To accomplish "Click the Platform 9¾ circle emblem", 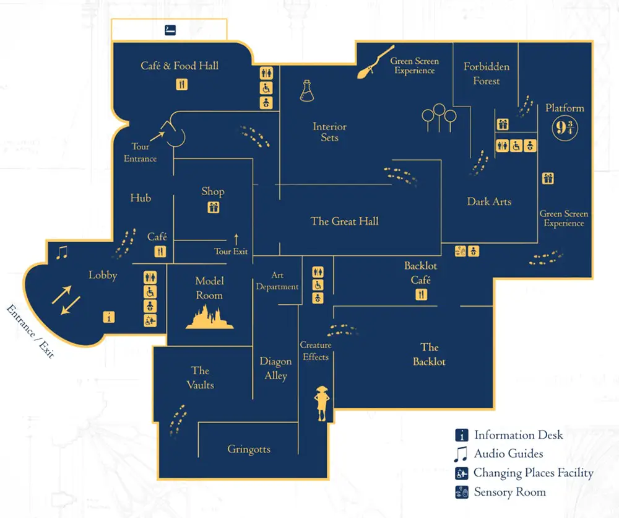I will click(565, 129).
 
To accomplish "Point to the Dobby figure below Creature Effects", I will click(321, 402).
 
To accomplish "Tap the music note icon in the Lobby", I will click(61, 252).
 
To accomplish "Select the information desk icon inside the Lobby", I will click(110, 317).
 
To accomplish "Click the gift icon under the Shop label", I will click(213, 208).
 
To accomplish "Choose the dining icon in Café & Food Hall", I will click(181, 84).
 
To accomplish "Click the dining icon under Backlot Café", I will click(421, 295).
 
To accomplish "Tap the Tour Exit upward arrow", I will click(236, 239).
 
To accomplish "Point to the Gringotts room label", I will click(249, 449).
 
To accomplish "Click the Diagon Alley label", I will click(275, 369).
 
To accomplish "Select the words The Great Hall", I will click(344, 221).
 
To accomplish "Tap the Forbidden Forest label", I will click(486, 74).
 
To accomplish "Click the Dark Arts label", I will click(489, 201).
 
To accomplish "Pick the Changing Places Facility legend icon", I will click(461, 473).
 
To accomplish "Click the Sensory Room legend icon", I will click(461, 493).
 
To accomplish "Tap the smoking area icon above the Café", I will click(170, 30).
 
